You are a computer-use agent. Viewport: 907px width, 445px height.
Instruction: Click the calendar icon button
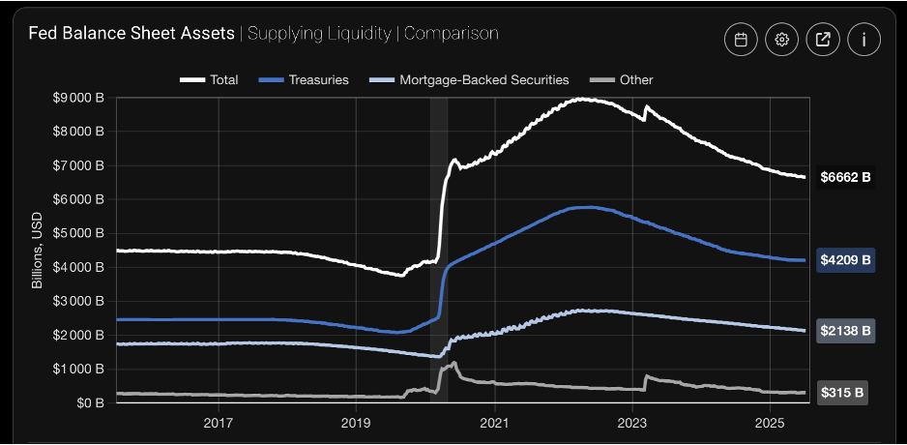741,40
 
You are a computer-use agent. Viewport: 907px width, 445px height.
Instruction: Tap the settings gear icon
782,40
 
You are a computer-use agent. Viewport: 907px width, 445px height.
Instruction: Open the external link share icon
823,40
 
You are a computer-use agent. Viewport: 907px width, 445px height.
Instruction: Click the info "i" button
863,40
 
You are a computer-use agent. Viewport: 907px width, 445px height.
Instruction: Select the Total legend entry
210,79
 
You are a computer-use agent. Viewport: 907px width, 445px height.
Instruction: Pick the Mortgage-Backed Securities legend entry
470,79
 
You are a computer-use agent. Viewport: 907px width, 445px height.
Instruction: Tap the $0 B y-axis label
89,402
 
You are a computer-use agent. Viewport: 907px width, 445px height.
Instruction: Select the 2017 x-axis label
219,423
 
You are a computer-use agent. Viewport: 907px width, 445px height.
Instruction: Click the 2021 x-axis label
494,423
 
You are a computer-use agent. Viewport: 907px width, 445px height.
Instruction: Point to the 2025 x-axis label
769,423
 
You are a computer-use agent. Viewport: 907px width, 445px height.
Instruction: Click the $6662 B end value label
845,177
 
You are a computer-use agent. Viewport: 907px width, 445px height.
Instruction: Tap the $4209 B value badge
845,259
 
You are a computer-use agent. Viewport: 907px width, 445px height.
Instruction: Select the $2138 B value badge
845,331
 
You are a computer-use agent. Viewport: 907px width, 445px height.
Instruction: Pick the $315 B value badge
841,392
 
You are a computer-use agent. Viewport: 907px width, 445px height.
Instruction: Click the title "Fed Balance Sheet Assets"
132,33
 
